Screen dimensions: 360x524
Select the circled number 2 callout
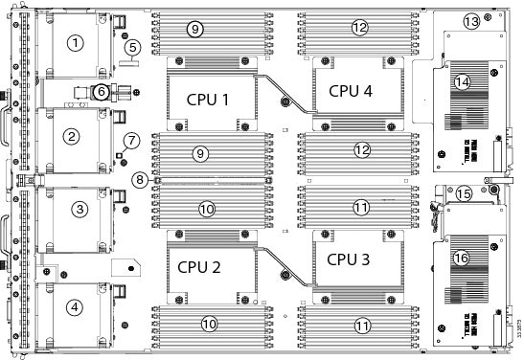pos(71,136)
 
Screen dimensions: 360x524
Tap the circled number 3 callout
pos(80,209)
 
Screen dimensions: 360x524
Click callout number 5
pos(133,45)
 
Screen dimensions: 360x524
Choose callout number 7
pos(132,139)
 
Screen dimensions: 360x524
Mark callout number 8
pos(141,178)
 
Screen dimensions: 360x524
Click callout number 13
pos(470,21)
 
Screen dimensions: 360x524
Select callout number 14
pos(463,82)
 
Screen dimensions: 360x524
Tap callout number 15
pos(464,193)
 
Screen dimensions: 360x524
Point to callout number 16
pos(461,258)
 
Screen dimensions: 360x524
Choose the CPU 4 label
pos(351,91)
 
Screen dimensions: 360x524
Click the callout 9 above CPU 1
pos(194,30)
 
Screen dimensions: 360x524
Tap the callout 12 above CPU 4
pos(360,28)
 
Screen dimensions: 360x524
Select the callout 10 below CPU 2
pos(208,324)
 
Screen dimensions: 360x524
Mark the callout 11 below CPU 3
pos(362,326)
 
